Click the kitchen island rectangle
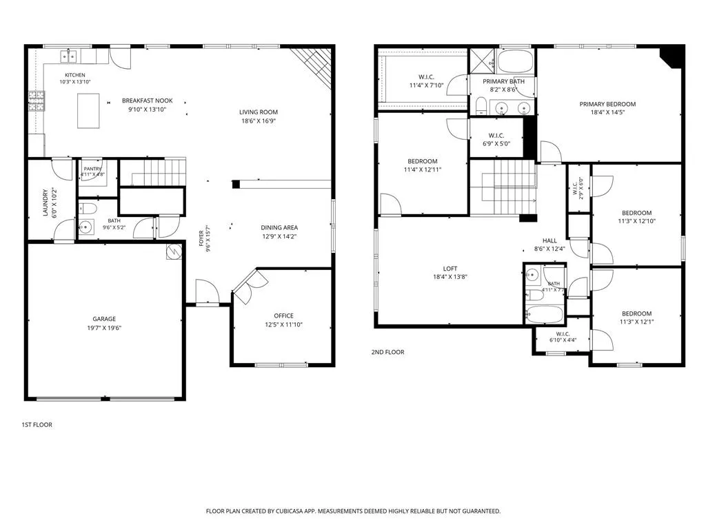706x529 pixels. [x=88, y=111]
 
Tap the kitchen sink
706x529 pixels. [x=69, y=56]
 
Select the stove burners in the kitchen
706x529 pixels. [x=37, y=101]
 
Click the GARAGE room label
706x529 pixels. [x=104, y=319]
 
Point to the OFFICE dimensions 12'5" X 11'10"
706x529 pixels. [x=283, y=325]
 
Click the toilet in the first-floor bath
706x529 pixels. [x=88, y=209]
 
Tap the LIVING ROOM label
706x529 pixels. [x=259, y=112]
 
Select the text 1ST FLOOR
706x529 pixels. [x=37, y=424]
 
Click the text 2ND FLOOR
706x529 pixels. [x=387, y=352]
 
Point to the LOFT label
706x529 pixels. [x=450, y=269]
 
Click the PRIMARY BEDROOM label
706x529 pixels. [x=607, y=104]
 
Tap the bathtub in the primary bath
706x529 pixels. [x=515, y=61]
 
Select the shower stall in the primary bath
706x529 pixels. [x=482, y=61]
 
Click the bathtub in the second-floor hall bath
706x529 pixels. [x=545, y=314]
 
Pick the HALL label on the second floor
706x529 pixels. [x=549, y=240]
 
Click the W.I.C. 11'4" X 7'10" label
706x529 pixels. [x=426, y=81]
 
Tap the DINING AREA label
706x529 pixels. [x=279, y=227]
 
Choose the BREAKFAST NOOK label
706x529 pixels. [x=148, y=101]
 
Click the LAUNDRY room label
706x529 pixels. [x=46, y=203]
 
